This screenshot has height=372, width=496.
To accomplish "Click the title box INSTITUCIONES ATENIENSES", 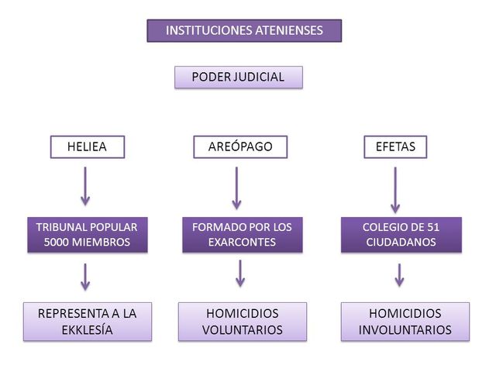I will [x=244, y=30].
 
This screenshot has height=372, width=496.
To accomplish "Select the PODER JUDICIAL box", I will [x=238, y=77].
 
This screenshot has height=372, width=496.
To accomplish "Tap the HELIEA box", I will [x=87, y=146].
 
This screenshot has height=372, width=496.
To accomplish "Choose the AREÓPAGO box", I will [x=240, y=146].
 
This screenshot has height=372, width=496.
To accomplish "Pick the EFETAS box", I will [x=394, y=146].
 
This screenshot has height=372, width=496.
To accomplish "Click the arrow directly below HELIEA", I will [x=86, y=186].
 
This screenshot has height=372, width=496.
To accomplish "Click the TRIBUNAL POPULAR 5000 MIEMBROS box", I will [x=87, y=234].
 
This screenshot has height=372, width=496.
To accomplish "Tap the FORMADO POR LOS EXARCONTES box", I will [x=242, y=234].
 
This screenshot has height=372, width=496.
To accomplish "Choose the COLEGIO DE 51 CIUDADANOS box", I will [x=401, y=234].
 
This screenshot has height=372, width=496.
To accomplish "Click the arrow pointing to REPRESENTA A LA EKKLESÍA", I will [x=86, y=276].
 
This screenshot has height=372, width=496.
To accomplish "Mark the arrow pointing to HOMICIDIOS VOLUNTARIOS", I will [x=241, y=272].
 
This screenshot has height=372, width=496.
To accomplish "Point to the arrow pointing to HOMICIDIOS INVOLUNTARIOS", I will [x=400, y=275].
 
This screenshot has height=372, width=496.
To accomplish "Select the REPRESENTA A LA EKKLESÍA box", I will [x=87, y=322].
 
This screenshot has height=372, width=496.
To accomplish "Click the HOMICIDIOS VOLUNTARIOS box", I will [x=242, y=322].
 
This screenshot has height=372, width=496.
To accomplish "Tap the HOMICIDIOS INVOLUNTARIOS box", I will [x=405, y=322].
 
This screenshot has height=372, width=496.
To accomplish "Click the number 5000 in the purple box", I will [x=60, y=242].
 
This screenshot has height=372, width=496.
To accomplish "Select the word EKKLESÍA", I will [x=87, y=330].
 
